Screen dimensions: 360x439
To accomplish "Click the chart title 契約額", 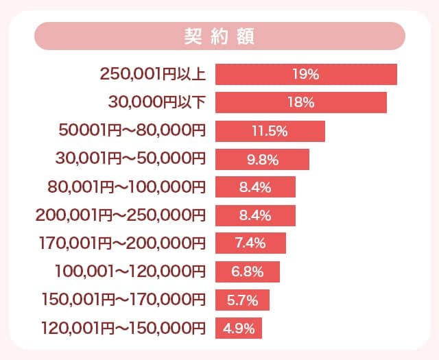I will tap(219, 36).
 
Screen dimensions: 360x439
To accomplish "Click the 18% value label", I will tap(301, 102).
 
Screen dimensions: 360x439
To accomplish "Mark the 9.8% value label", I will tap(261, 159).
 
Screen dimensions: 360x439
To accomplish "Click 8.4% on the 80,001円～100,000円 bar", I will tap(255, 187).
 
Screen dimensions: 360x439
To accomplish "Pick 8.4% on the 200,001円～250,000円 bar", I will tap(255, 215).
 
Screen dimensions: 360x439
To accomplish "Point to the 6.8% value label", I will tap(248, 272).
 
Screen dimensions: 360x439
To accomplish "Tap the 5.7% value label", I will tap(243, 300).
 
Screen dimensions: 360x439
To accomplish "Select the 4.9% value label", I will tap(239, 328).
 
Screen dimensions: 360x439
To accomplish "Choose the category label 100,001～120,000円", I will tap(130, 272).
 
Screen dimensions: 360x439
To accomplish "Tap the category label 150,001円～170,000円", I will tap(123, 300).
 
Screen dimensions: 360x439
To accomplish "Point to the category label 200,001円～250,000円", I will tap(120, 215).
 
